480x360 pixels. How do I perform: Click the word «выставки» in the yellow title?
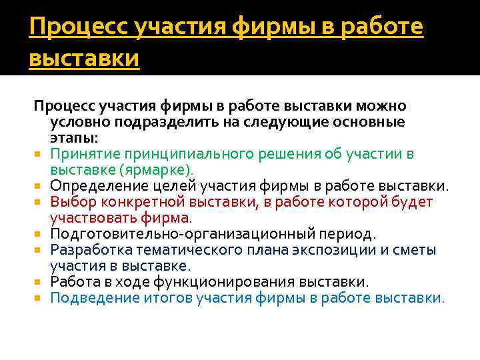[x=84, y=58]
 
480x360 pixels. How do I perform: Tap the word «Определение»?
[x=96, y=185]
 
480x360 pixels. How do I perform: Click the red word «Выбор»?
[x=70, y=201]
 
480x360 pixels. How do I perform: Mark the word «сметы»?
[x=412, y=249]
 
